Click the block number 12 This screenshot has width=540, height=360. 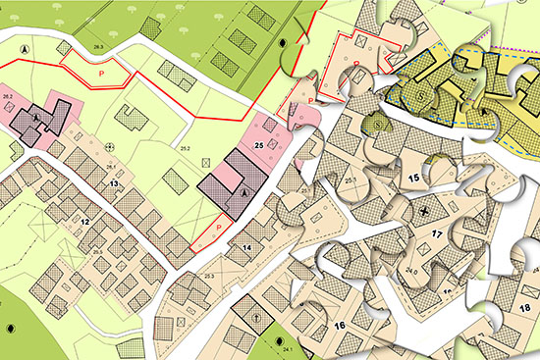(85, 223)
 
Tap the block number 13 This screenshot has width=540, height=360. (114, 183)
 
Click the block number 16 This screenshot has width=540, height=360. (341, 325)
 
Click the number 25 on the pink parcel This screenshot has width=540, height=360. (259, 145)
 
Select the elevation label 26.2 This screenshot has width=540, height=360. (8, 94)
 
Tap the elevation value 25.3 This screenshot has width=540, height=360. (209, 278)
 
